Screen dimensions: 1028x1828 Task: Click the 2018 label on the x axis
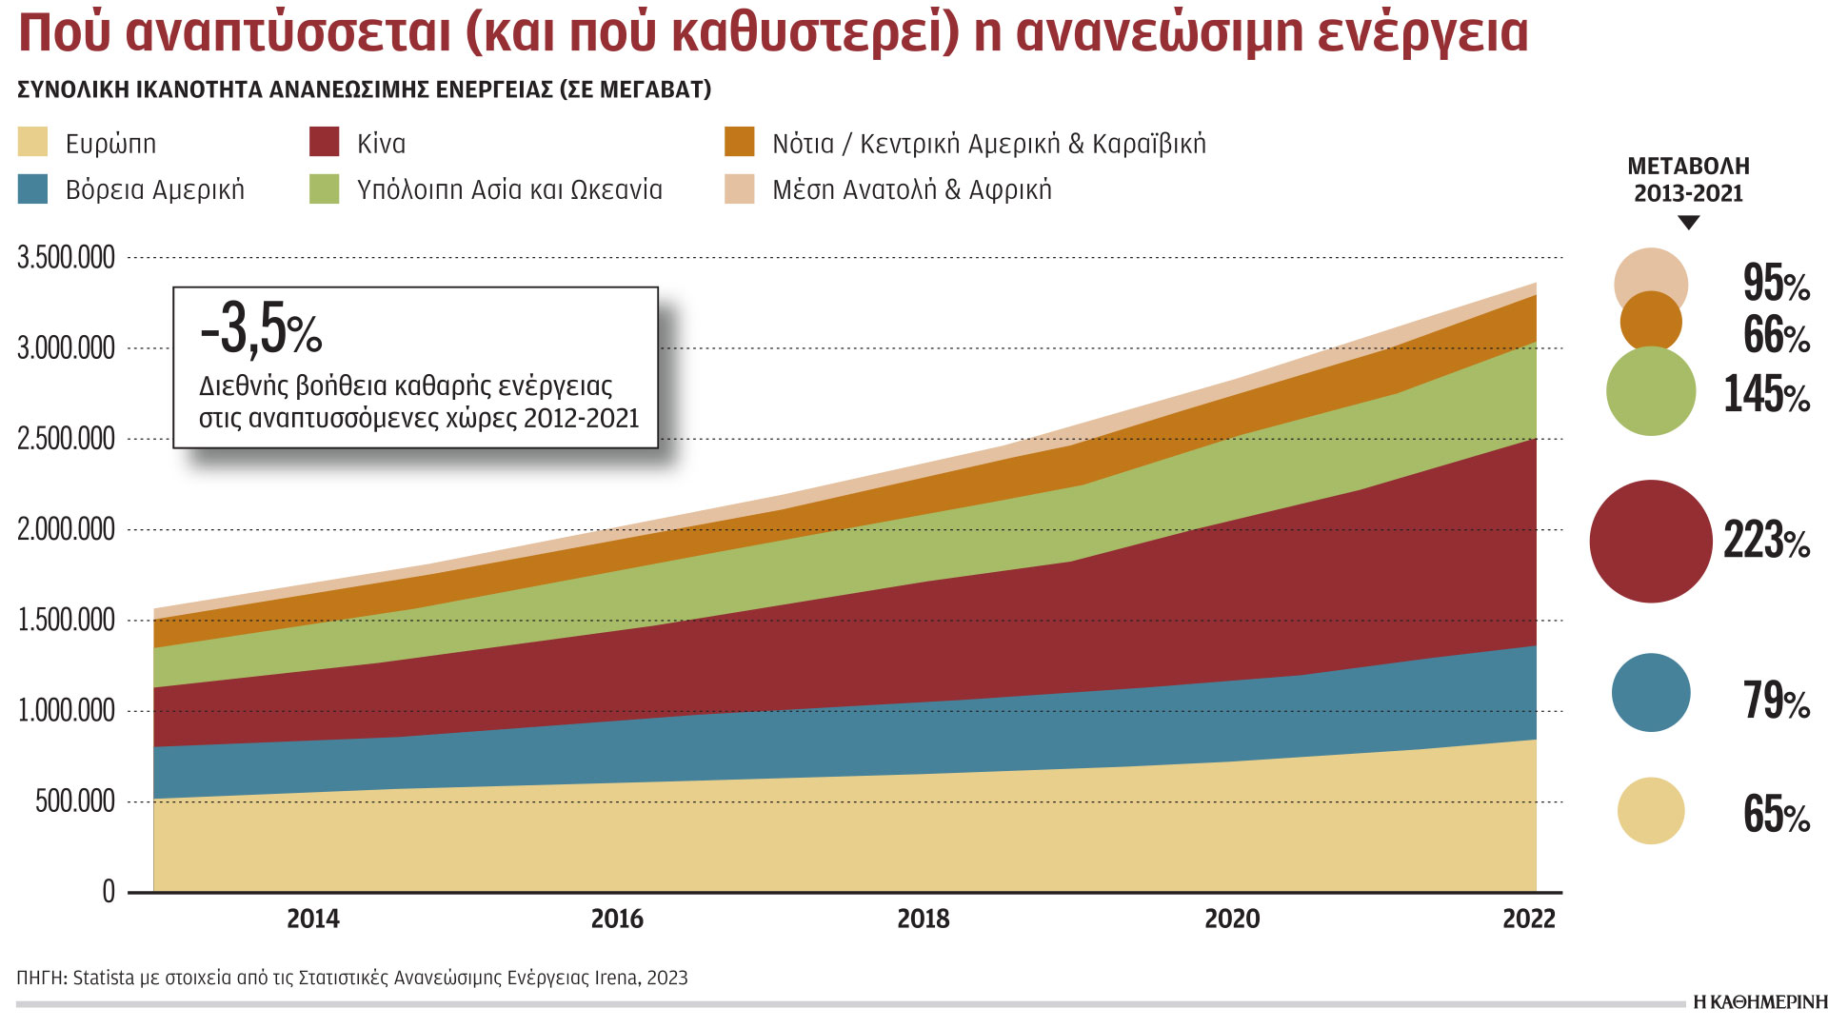923,919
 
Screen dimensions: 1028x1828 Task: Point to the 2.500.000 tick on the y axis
66,439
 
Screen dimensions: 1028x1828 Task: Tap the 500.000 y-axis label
74,801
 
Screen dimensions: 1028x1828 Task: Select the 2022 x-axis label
1528,919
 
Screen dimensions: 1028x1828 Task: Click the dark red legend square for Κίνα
325,142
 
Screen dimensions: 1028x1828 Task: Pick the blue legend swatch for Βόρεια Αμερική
32,188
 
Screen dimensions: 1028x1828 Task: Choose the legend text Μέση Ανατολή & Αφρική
911,189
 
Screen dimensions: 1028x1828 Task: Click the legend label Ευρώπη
110,144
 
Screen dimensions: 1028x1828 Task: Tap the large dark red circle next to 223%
1650,541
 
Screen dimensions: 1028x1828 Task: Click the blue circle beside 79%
1650,692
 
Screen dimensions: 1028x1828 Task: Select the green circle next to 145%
1650,391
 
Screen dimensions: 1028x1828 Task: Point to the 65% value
1776,815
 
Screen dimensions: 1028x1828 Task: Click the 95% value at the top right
1776,283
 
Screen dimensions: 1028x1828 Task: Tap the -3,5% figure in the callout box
260,330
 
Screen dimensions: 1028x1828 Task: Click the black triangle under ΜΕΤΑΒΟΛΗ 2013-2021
1688,223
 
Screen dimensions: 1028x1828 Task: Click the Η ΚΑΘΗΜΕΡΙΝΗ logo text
1759,1002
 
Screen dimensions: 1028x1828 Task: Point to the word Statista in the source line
103,978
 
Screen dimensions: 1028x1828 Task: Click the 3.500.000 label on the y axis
66,257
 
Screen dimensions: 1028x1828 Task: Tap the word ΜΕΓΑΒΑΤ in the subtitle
652,89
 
